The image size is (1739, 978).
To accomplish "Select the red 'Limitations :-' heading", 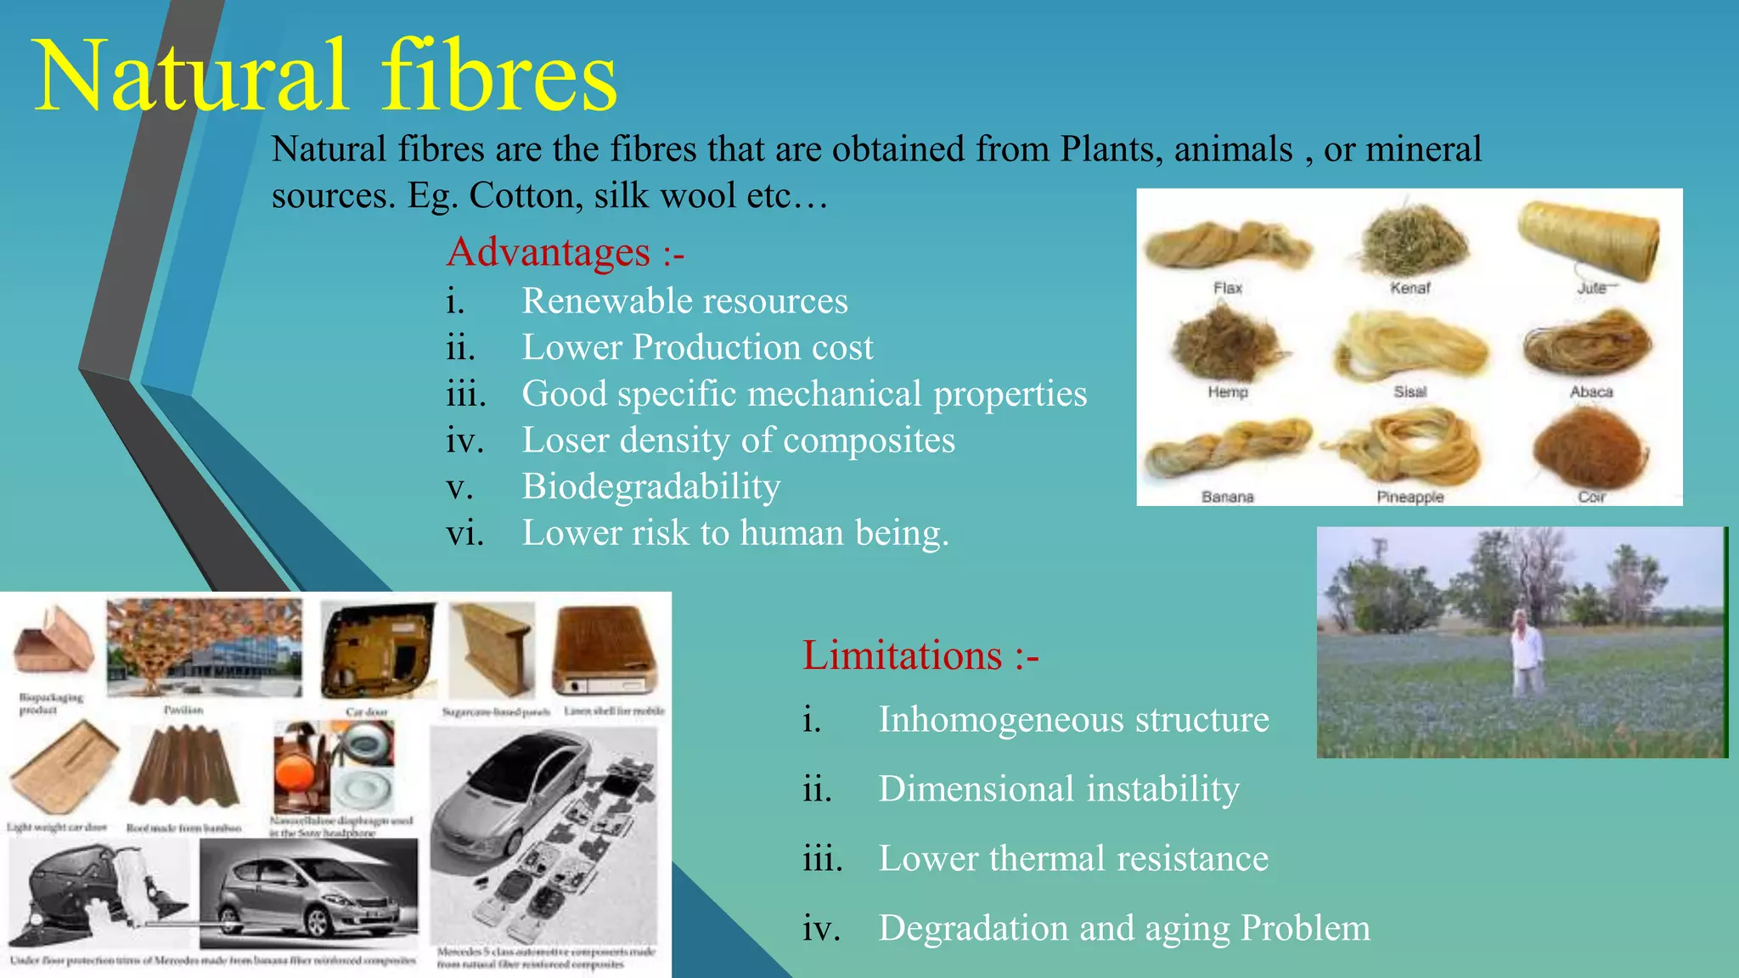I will pyautogui.click(x=920, y=655).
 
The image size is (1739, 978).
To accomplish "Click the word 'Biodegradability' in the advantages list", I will pyautogui.click(x=651, y=486).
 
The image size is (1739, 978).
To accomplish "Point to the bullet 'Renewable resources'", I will pyautogui.click(x=684, y=301).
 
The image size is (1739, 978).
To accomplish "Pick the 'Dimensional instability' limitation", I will pyautogui.click(x=1059, y=789).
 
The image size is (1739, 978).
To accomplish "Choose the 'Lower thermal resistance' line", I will pyautogui.click(x=1073, y=858).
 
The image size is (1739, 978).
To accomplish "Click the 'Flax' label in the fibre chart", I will pyautogui.click(x=1228, y=288).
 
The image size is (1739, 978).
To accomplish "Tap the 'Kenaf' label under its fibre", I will pyautogui.click(x=1410, y=288).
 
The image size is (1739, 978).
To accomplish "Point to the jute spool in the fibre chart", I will pyautogui.click(x=1588, y=238).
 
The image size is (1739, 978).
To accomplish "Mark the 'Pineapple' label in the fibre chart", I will pyautogui.click(x=1410, y=497).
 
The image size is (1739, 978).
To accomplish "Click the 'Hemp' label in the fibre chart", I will pyautogui.click(x=1228, y=391).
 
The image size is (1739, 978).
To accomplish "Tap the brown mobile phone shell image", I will pyautogui.click(x=605, y=649).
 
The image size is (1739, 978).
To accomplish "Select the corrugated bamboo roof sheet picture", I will pyautogui.click(x=185, y=768).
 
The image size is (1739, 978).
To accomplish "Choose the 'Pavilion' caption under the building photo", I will pyautogui.click(x=183, y=710).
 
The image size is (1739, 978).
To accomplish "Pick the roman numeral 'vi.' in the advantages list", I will pyautogui.click(x=464, y=534).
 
